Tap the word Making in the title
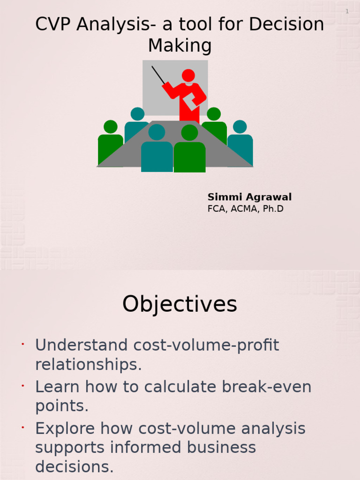click(180, 46)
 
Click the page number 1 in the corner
click(347, 11)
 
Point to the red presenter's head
click(188, 75)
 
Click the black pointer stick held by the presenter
click(158, 75)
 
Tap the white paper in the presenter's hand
click(190, 102)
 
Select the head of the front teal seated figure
click(157, 132)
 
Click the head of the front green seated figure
click(189, 133)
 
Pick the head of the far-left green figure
click(111, 127)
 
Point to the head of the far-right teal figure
click(240, 127)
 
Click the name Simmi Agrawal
click(249, 197)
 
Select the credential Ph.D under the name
click(273, 209)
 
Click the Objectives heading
click(180, 305)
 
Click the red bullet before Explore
click(22, 427)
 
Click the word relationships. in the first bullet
click(88, 365)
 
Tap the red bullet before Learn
click(22, 386)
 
